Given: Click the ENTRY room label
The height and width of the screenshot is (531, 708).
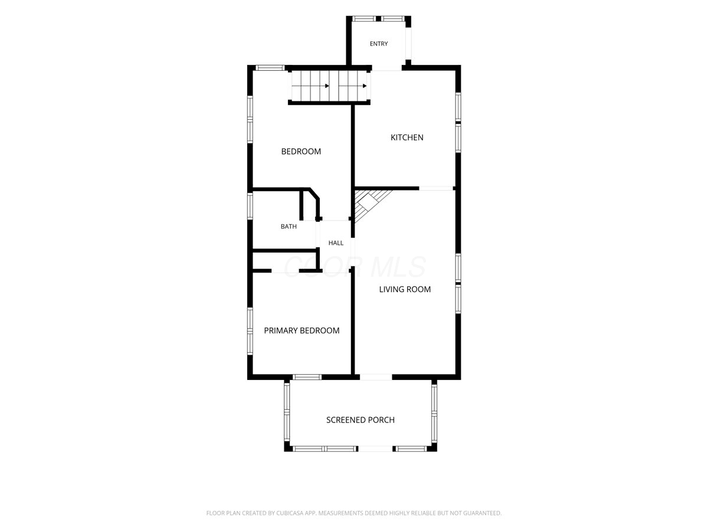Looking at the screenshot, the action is [x=378, y=44].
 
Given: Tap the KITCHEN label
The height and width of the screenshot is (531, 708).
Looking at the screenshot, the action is [x=407, y=137].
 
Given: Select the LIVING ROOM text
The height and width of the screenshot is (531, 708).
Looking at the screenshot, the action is [x=405, y=289].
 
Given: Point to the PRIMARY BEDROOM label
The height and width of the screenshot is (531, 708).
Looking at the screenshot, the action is [x=301, y=330].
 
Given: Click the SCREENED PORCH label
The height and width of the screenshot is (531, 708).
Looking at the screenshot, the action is [x=360, y=419].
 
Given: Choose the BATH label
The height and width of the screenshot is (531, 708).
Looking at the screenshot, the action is [x=289, y=227].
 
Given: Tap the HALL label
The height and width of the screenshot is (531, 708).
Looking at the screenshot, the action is [x=336, y=242].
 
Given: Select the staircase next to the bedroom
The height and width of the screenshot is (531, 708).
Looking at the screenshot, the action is [x=329, y=86].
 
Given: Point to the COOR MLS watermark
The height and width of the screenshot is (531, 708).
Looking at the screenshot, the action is [x=355, y=267].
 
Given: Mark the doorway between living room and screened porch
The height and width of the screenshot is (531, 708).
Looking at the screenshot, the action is [x=376, y=377].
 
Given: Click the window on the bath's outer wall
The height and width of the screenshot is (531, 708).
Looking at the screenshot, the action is [x=250, y=206].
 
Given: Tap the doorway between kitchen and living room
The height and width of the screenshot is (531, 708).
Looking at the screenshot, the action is [x=436, y=188].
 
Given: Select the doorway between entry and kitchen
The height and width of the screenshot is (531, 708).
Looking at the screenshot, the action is [x=386, y=68].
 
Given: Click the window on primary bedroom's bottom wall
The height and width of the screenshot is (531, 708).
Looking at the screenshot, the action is [x=307, y=377].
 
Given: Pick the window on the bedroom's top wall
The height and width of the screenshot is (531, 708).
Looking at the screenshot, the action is [x=270, y=68].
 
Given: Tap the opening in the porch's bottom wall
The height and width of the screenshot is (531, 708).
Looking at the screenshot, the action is [x=375, y=448].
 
